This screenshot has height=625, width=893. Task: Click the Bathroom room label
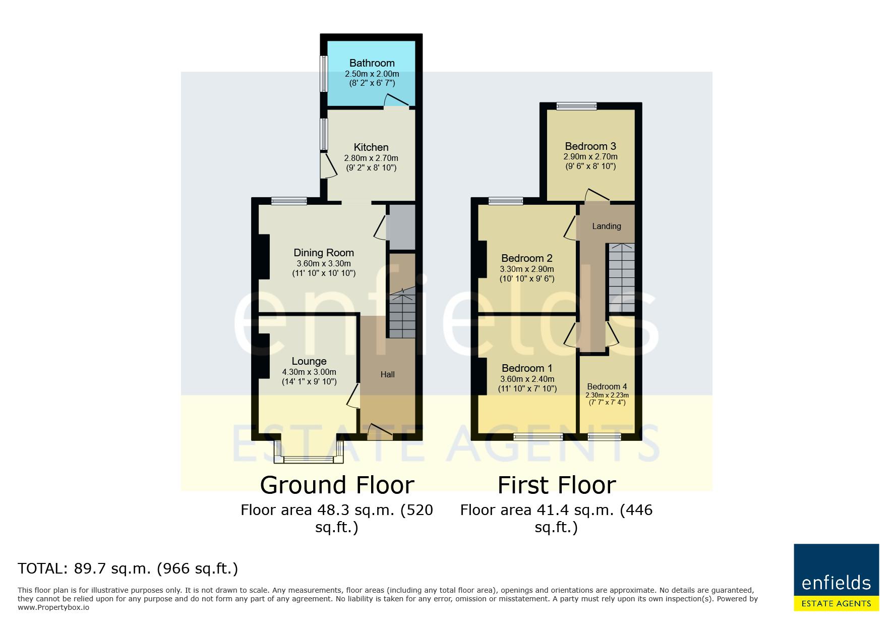tap(372, 63)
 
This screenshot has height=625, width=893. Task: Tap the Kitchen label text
tap(371, 147)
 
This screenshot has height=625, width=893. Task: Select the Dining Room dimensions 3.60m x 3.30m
tap(323, 263)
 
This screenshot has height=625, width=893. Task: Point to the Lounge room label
tap(309, 361)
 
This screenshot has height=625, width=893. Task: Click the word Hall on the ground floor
tap(387, 374)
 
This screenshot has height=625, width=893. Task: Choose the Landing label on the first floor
tap(606, 226)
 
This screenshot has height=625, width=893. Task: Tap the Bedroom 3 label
tap(590, 146)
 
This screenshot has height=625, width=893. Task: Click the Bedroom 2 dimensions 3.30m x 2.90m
tap(526, 269)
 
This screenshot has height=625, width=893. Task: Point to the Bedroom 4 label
tap(607, 387)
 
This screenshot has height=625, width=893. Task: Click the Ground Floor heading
tap(337, 485)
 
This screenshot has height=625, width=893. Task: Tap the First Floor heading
tap(557, 485)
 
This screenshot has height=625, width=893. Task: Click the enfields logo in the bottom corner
tap(836, 577)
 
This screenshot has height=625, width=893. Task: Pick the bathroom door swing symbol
tap(396, 100)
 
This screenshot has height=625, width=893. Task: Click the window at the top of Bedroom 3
tap(576, 106)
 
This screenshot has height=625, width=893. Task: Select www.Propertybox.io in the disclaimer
tap(53, 607)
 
